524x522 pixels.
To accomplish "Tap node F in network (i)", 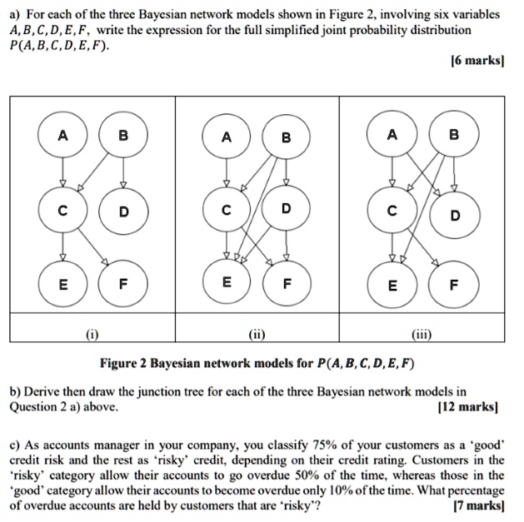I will point(122,283).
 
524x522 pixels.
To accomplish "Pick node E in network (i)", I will point(62,283).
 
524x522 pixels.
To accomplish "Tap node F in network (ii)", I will point(287,283).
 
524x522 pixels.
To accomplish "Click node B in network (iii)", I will point(453,136).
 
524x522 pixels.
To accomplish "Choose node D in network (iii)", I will point(454,215).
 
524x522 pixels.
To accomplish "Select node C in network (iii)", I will point(392,211).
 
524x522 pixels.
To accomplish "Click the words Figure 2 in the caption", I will point(123,364).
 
